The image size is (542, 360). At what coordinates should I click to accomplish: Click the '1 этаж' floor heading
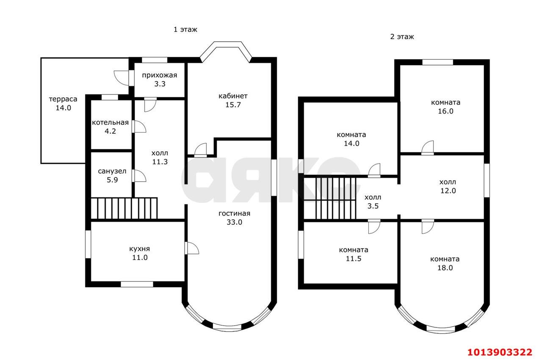185,30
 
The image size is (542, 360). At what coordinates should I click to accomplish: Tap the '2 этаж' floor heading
402,37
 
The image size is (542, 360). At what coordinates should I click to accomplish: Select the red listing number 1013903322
500,352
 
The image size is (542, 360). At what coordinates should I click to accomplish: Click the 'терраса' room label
63,99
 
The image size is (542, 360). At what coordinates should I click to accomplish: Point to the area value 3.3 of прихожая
160,84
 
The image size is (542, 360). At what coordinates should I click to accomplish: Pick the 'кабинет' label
233,96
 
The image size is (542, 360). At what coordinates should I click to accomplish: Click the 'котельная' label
110,122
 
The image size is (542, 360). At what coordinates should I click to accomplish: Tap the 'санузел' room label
112,171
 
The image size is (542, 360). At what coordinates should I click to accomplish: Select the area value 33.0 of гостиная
234,222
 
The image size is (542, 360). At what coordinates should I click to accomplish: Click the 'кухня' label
140,249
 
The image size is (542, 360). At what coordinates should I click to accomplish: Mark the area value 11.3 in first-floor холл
160,162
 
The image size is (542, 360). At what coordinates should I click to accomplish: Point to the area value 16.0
445,111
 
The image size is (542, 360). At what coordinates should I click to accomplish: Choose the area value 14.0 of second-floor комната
351,144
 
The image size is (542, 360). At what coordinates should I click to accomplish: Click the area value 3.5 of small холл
373,206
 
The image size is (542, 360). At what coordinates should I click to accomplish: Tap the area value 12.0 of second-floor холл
448,191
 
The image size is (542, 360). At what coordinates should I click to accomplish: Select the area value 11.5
354,259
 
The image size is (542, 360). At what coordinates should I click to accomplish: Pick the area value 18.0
445,268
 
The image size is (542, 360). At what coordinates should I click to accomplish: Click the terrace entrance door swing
122,78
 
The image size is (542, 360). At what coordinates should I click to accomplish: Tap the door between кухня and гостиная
192,248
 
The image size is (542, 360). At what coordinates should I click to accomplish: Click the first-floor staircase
124,208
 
